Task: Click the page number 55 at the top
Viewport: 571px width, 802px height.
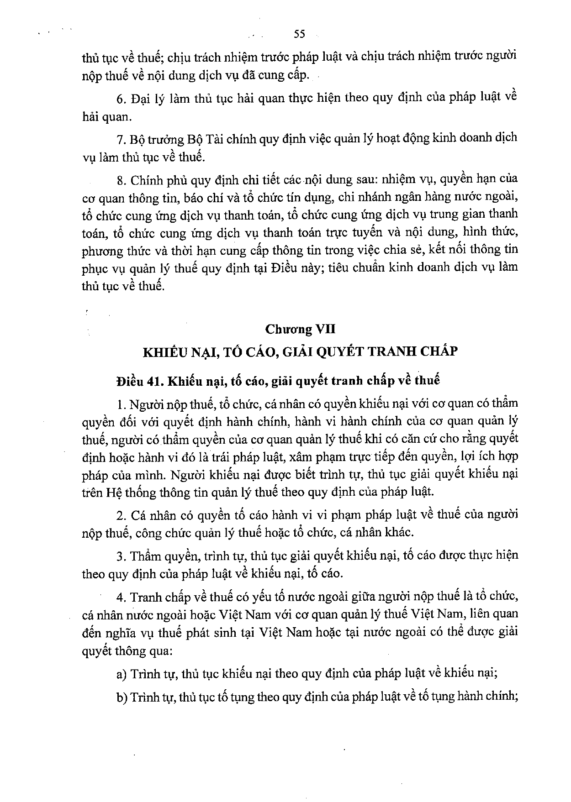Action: [x=300, y=34]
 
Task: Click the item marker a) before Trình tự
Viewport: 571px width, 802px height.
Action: [x=122, y=674]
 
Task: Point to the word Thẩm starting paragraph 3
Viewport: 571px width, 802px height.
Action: [x=146, y=556]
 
